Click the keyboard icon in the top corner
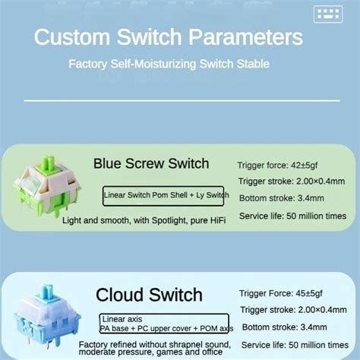point(328,14)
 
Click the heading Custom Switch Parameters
point(168,37)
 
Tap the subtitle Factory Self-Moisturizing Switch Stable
point(168,64)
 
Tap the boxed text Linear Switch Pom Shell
point(164,195)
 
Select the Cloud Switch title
point(149,295)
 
